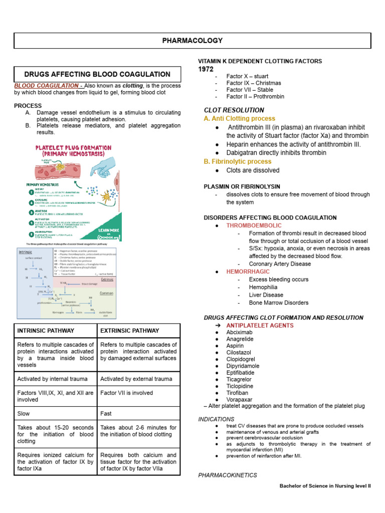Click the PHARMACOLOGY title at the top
tap(192, 41)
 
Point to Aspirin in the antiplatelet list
tap(235, 346)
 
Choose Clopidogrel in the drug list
tap(241, 359)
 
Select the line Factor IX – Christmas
tap(254, 83)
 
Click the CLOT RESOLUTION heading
tap(234, 110)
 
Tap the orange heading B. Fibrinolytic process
tap(237, 161)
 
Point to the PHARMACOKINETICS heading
tap(228, 475)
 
